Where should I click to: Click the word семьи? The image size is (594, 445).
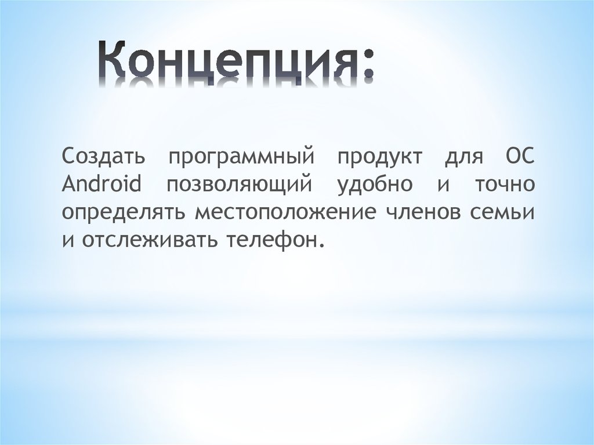(507, 212)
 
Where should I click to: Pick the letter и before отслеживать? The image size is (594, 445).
(67, 240)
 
